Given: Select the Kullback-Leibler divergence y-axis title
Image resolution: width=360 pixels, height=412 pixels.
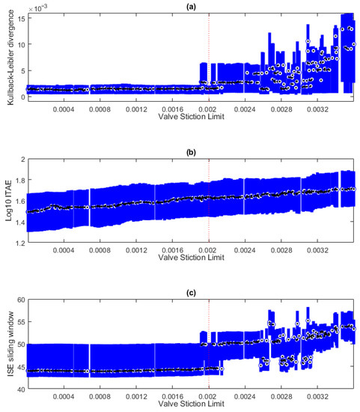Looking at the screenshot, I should click(x=7, y=56).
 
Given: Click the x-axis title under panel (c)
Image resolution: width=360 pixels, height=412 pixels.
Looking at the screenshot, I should click(x=191, y=408).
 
